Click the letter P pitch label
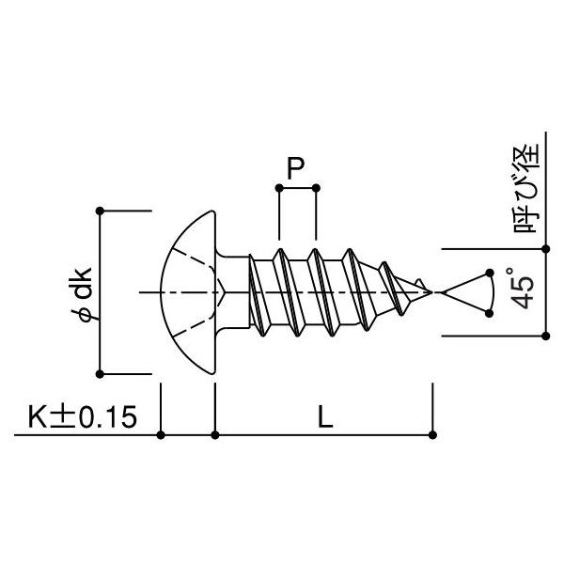[x=295, y=168]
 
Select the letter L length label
[x=325, y=417]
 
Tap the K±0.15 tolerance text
[x=83, y=417]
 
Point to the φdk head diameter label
[x=83, y=293]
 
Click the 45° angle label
[x=523, y=289]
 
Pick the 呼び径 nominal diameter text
[x=527, y=188]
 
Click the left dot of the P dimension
[x=279, y=188]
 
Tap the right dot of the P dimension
[x=316, y=188]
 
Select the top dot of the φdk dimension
[x=100, y=211]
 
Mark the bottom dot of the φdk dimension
[x=100, y=374]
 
